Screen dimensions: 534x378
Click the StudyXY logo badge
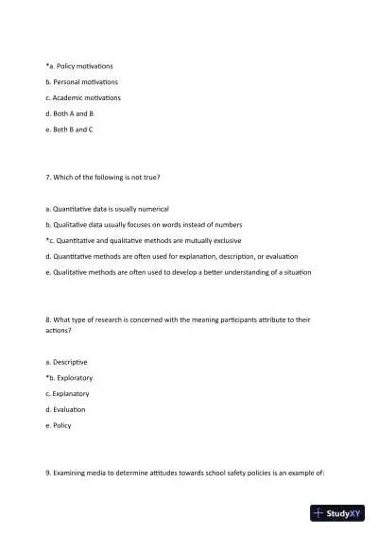click(337, 513)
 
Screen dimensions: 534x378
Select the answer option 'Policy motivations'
click(82, 66)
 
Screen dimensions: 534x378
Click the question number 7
click(48, 177)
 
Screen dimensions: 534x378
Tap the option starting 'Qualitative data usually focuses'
click(143, 224)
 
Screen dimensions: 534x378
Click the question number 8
click(48, 319)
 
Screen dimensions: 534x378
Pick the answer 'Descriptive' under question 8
click(70, 362)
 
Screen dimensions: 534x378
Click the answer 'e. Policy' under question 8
click(59, 425)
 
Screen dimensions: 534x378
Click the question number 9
click(48, 473)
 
